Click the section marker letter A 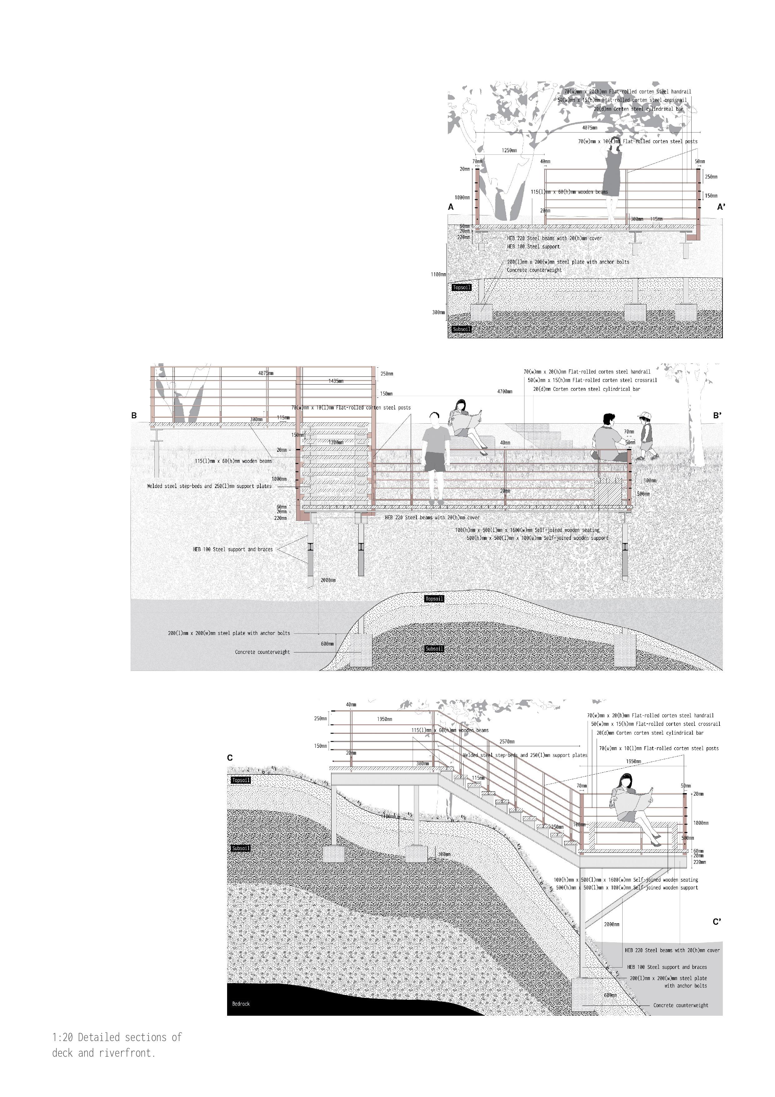coord(451,207)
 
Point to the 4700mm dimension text coord(505,391)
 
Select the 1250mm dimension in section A coord(509,150)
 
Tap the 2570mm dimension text coord(507,742)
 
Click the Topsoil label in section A coord(462,288)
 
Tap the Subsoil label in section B coord(435,648)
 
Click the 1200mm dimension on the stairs coord(336,442)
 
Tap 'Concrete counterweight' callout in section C coord(680,1005)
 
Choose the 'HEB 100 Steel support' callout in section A coord(533,247)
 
